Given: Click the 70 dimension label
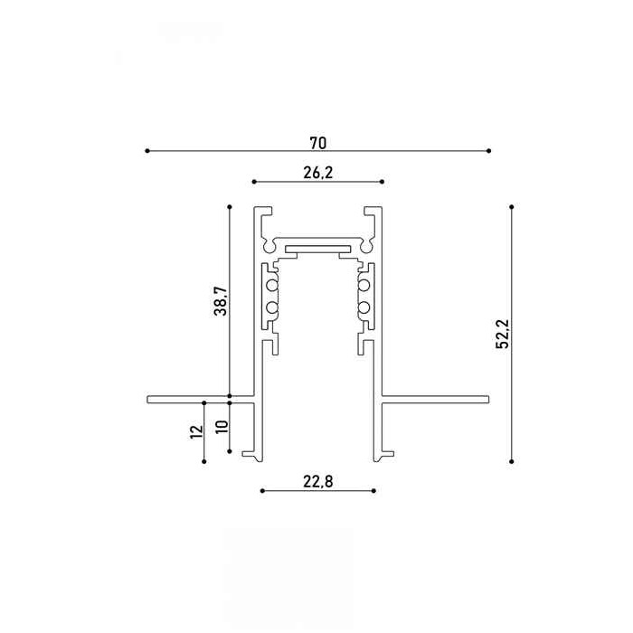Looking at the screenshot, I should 316,142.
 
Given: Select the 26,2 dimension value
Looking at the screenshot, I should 317,173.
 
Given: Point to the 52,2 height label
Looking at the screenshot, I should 504,333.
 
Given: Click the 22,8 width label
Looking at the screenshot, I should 317,482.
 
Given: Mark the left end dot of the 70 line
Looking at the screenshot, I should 146,151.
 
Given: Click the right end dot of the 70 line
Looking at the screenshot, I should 488,151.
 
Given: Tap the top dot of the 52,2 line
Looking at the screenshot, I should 512,207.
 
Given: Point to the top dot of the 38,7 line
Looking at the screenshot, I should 230,207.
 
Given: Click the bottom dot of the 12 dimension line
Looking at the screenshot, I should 204,462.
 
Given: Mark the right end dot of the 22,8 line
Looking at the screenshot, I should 374,491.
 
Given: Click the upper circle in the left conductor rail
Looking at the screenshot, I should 270,287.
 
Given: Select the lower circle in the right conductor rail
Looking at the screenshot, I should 364,309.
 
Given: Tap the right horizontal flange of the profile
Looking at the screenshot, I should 434,398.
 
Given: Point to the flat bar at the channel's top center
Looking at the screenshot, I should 317,246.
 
